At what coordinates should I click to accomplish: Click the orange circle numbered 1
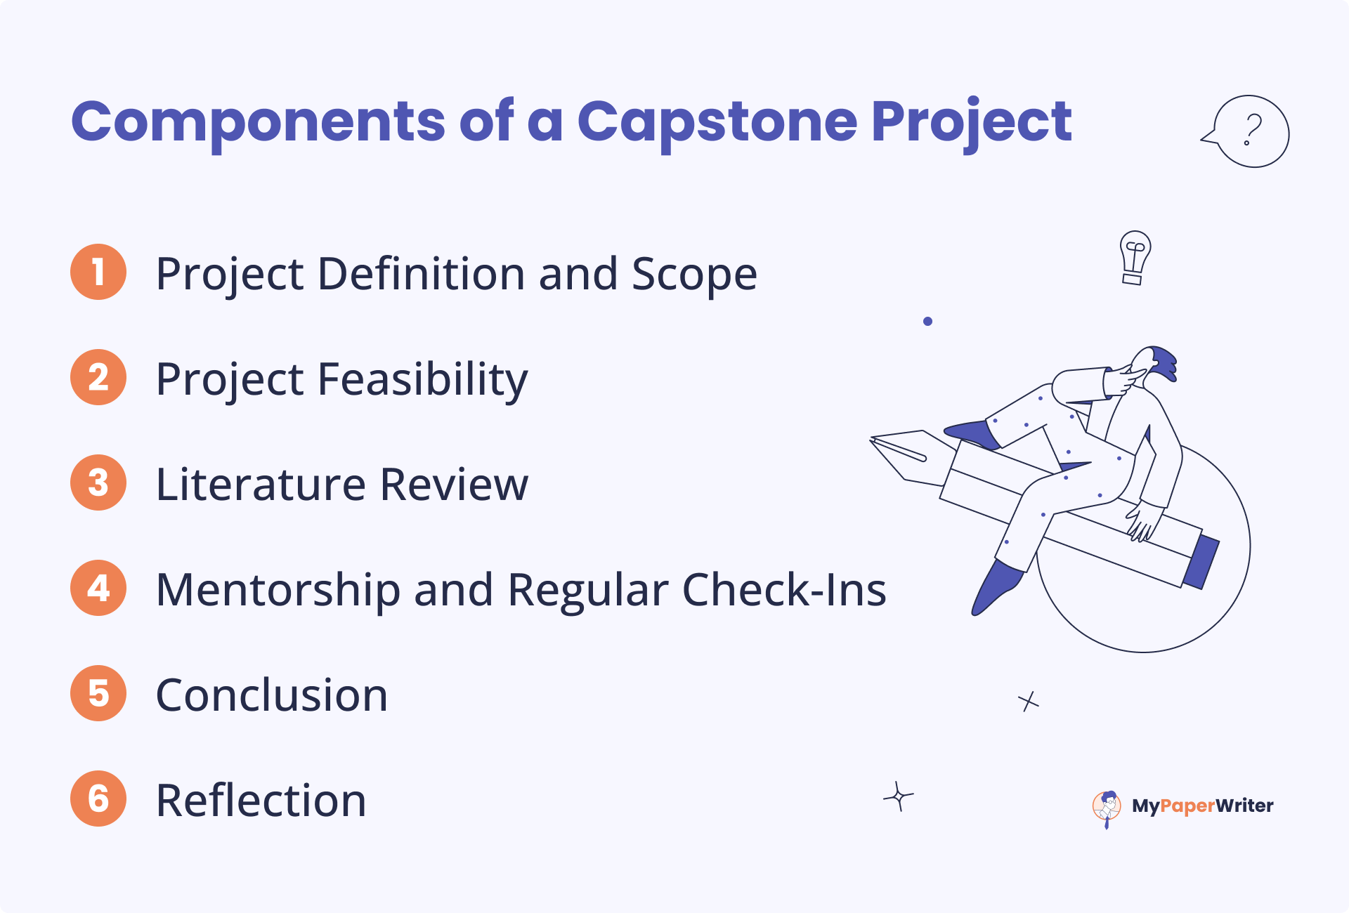(x=98, y=272)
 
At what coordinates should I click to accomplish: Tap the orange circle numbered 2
(x=98, y=377)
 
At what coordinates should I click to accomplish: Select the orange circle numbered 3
(x=98, y=482)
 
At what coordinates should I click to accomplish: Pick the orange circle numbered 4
(x=98, y=588)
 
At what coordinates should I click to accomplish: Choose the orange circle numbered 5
(x=98, y=693)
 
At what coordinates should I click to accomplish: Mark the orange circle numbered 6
(x=98, y=799)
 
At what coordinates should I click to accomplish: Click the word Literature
(x=261, y=485)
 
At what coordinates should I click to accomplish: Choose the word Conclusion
(x=272, y=695)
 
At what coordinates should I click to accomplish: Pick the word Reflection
(x=261, y=801)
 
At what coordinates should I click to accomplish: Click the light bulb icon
(x=1134, y=258)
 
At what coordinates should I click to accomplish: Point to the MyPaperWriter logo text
(x=1202, y=806)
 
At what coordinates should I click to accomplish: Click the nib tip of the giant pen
(x=872, y=440)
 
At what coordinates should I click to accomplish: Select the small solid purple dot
(x=927, y=321)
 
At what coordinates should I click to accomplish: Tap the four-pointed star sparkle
(x=898, y=796)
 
